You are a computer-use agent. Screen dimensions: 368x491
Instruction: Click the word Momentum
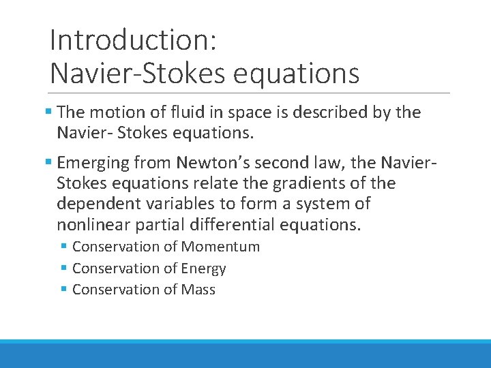pos(220,247)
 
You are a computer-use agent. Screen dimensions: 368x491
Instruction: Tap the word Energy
pos(204,269)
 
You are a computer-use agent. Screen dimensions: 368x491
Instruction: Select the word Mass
pos(198,290)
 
